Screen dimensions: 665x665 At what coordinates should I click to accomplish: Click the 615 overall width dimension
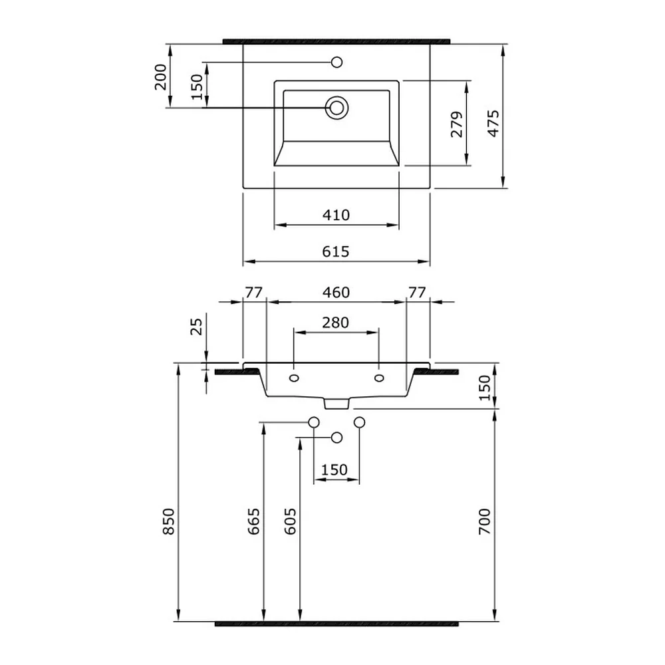pos(335,251)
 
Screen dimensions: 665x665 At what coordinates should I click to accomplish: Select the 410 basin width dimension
pos(336,215)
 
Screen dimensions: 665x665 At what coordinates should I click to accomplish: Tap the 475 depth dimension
pos(493,124)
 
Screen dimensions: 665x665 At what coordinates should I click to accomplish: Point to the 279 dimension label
pos(457,124)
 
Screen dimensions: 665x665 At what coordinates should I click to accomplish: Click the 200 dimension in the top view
pos(160,76)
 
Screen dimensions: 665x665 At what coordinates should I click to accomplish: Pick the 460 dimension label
pos(336,292)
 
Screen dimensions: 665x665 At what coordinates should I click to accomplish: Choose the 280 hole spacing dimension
pos(335,323)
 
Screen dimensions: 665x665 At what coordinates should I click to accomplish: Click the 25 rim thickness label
pos(196,327)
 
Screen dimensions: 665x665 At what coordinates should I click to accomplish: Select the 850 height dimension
pos(168,521)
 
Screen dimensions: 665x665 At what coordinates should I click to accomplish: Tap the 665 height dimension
pos(253,521)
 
